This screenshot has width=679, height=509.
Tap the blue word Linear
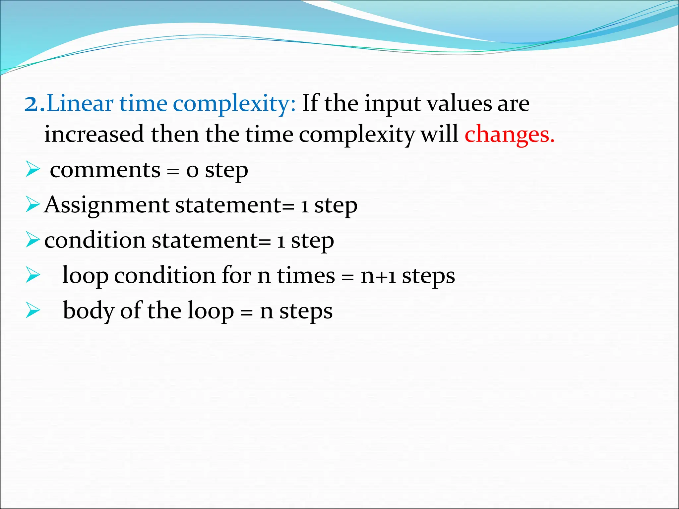coord(80,104)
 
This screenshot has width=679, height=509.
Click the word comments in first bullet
coord(105,170)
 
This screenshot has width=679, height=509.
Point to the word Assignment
coord(106,205)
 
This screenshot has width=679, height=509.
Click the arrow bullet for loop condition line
coord(32,275)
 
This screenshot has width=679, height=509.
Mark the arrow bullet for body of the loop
coord(32,311)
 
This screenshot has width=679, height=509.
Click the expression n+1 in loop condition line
coord(378,276)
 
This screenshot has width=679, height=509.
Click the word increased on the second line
coord(94,135)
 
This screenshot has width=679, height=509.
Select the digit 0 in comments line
coord(192,171)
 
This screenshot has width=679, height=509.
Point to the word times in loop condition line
coord(306,276)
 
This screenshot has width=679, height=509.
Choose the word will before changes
coord(439,134)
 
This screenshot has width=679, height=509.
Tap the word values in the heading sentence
coord(459,104)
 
